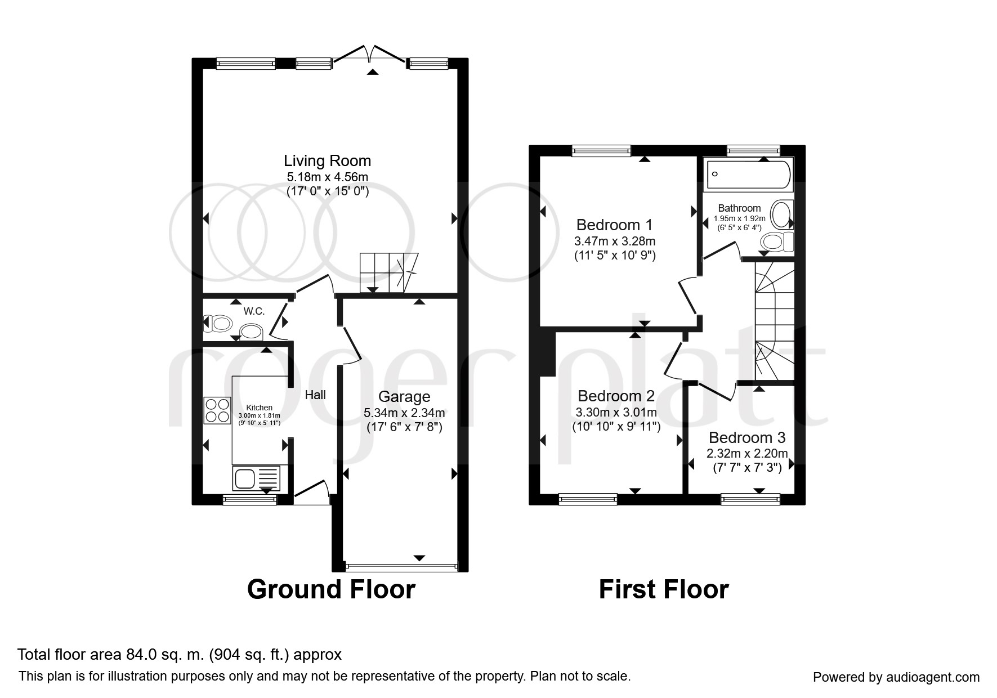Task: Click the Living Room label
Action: pyautogui.click(x=327, y=161)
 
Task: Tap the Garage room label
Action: pyautogui.click(x=404, y=397)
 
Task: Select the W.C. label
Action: pyautogui.click(x=254, y=311)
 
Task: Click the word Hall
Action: pyautogui.click(x=315, y=395)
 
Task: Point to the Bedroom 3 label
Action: pyautogui.click(x=747, y=437)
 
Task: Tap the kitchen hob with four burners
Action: pyautogui.click(x=218, y=410)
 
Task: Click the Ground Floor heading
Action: pyautogui.click(x=331, y=589)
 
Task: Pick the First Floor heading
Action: pyautogui.click(x=664, y=589)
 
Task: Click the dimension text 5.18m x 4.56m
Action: pyautogui.click(x=327, y=177)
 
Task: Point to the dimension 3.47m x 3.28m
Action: pyautogui.click(x=615, y=241)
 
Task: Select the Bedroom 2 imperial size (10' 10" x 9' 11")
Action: pyautogui.click(x=616, y=426)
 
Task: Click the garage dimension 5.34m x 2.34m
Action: pyautogui.click(x=404, y=413)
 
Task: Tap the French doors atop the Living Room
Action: pyautogui.click(x=370, y=55)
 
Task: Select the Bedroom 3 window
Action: pyautogui.click(x=750, y=499)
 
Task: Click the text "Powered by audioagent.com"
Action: pyautogui.click(x=896, y=677)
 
